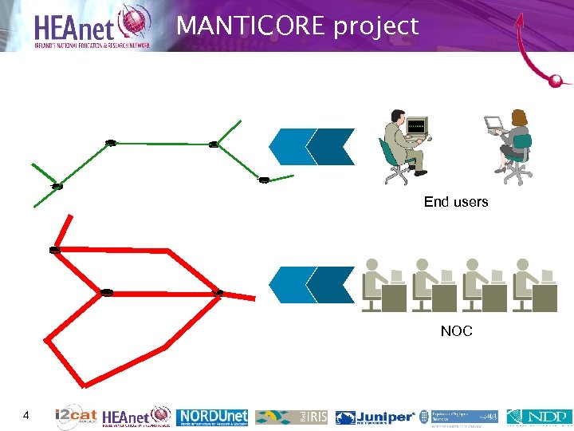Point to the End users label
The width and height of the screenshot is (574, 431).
tap(456, 202)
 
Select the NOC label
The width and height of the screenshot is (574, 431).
tap(456, 331)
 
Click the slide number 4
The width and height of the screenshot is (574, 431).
tap(26, 415)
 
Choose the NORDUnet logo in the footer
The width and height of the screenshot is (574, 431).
tap(213, 417)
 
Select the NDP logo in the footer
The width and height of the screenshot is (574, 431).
tap(539, 417)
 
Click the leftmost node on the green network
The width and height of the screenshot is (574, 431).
tap(57, 186)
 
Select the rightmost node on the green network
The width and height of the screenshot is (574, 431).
tap(264, 179)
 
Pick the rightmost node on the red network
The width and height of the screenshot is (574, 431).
tap(219, 293)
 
